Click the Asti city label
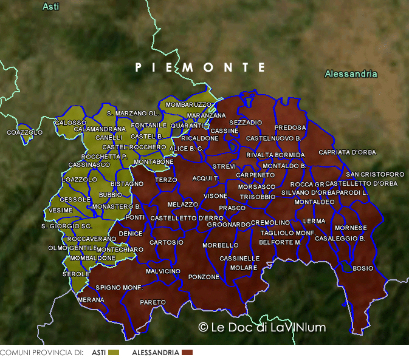coord(51,7)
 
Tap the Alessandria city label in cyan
coord(351,74)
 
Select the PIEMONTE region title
coord(201,67)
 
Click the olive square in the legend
coord(114,352)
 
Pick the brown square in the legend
coord(187,352)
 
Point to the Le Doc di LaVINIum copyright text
coord(262,327)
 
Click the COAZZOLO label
coord(25,132)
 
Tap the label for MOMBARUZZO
coord(188,105)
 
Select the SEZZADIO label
coord(246,123)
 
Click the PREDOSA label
coord(290,128)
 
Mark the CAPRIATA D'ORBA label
coord(347,152)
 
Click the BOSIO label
coord(363,268)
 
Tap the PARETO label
coord(153,302)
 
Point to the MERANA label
coord(91,300)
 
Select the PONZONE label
coord(204,277)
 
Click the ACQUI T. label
coord(205,178)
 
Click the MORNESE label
coord(351,228)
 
